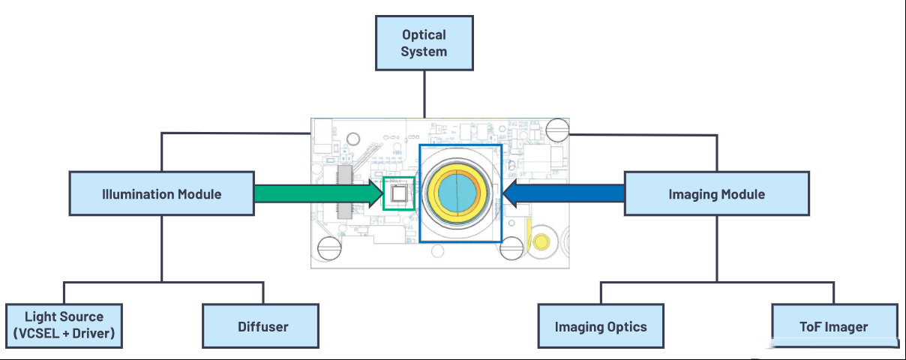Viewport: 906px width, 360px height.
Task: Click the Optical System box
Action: [x=424, y=43]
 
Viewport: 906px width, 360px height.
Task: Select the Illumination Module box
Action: [x=162, y=193]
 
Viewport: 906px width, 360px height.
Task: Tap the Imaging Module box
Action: [x=717, y=193]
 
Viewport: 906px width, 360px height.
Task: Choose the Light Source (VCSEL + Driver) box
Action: [x=64, y=325]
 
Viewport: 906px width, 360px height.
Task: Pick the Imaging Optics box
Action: [x=601, y=325]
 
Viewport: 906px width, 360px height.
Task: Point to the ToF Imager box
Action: [x=835, y=325]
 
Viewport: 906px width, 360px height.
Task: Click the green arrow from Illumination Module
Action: [x=319, y=193]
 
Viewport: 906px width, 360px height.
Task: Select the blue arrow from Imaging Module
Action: [x=563, y=193]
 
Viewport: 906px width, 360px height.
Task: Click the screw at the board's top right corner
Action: [x=557, y=130]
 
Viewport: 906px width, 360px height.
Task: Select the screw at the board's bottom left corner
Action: [x=329, y=248]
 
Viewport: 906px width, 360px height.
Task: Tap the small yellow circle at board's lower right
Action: [x=541, y=242]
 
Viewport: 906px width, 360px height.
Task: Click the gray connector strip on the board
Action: [x=344, y=192]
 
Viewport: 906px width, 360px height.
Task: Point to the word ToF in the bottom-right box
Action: [x=810, y=326]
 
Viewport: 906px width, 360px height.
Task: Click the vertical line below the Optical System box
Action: [x=424, y=94]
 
